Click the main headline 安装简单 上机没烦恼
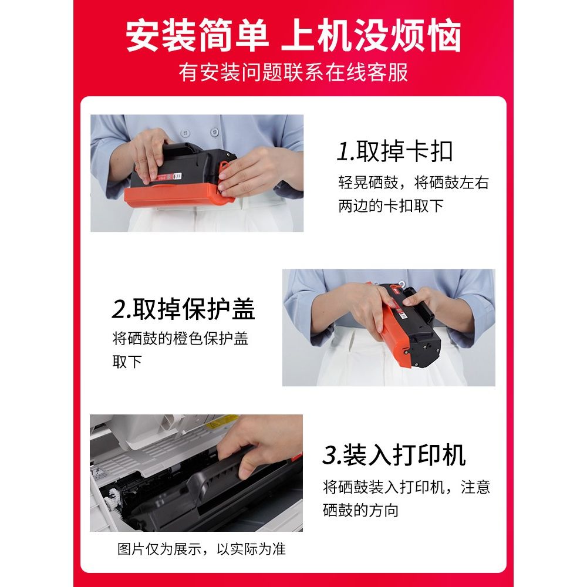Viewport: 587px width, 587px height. pos(293,36)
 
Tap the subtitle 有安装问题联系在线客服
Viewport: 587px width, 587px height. pos(293,72)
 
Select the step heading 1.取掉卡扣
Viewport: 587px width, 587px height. pos(394,151)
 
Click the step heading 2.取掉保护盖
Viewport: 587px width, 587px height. pos(183,309)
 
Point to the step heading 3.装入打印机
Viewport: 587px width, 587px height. pos(394,455)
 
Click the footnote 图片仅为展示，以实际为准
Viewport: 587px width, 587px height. pos(201,549)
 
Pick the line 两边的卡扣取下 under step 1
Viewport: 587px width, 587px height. pos(391,206)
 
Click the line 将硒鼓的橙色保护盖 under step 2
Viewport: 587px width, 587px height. pos(180,339)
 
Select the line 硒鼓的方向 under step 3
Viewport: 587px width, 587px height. pos(360,510)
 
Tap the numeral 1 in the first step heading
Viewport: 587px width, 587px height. pos(343,151)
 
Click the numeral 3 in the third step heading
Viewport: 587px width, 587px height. pos(330,456)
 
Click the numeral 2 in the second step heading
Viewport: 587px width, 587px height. pos(119,309)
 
